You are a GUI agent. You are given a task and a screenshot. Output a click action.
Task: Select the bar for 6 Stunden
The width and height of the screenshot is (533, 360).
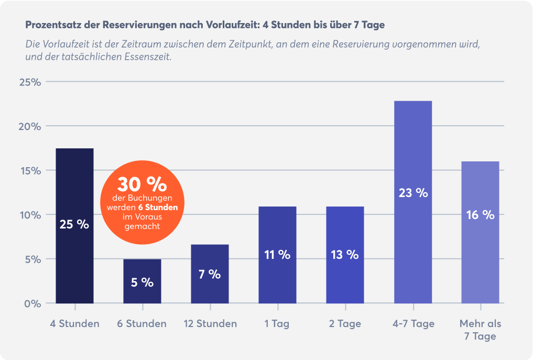142,272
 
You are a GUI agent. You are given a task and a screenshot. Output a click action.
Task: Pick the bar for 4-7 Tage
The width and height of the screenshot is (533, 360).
413,157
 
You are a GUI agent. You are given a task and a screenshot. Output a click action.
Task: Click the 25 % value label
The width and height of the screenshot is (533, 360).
74,225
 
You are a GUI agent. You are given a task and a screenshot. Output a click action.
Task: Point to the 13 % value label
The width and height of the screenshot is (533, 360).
345,255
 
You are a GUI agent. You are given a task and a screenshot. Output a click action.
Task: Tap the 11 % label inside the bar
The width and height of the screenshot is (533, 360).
277,255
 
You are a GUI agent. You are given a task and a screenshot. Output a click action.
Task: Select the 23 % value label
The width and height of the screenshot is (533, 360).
413,192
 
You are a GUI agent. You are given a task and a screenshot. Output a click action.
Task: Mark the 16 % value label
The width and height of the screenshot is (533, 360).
480,215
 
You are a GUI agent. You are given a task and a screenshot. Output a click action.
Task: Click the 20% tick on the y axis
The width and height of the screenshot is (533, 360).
30,126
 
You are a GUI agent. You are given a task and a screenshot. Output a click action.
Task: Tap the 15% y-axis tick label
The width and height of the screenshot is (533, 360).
30,170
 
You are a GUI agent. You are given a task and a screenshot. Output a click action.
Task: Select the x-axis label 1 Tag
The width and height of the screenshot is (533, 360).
277,323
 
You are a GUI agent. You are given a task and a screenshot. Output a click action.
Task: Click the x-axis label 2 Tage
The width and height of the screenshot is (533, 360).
345,323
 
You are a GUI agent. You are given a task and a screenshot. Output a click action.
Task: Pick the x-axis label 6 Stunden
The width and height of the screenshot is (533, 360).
142,323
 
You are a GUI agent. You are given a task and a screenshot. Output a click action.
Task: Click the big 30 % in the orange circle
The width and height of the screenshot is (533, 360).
142,184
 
